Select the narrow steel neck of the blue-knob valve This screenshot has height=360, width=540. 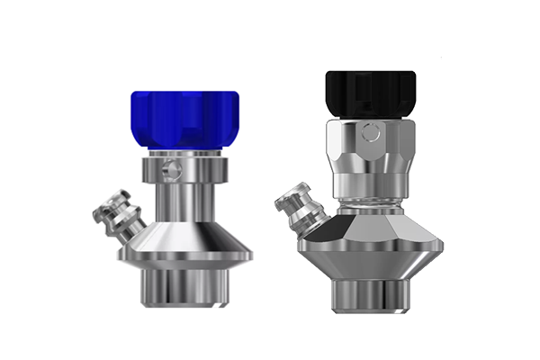pos(184,202)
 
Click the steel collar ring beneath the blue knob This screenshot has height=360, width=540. pos(184,169)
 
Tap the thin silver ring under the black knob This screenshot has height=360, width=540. pos(368,116)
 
